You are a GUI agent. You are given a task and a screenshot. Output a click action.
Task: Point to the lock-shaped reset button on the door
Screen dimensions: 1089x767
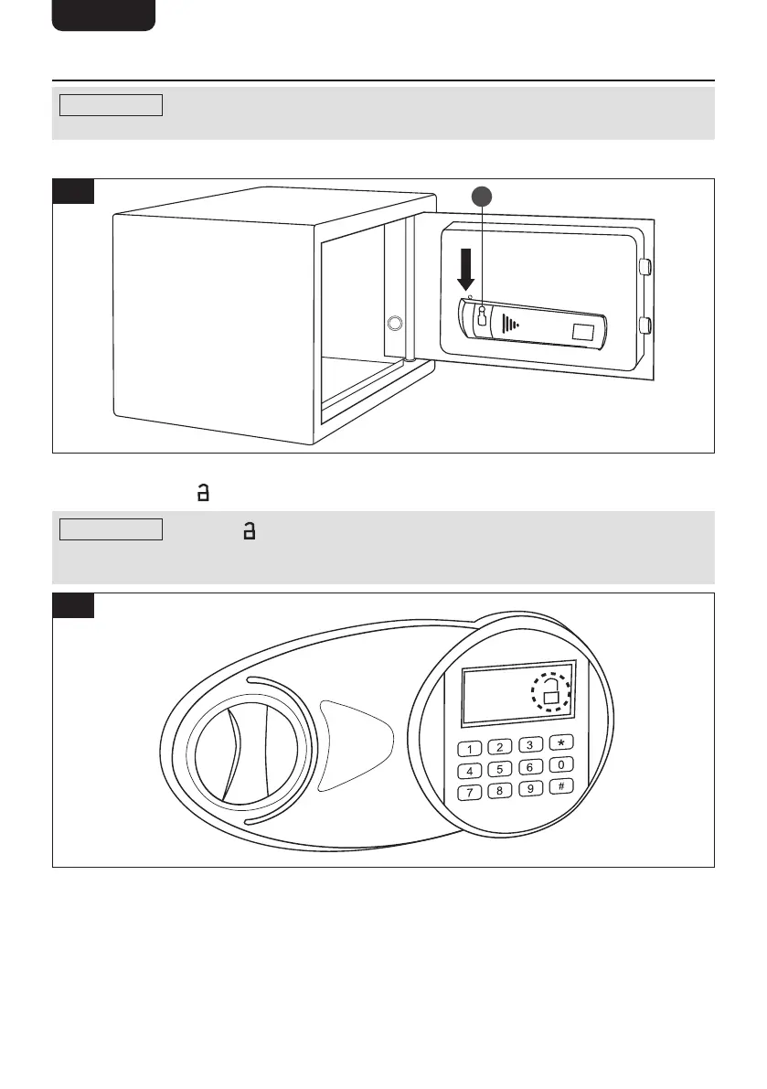[x=482, y=316]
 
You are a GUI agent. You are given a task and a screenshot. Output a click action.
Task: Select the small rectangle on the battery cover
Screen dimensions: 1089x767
[x=582, y=334]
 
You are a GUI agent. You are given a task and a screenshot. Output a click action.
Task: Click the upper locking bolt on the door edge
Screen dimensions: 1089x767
[x=644, y=267]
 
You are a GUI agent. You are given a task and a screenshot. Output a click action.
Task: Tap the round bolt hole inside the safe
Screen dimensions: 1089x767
[x=395, y=323]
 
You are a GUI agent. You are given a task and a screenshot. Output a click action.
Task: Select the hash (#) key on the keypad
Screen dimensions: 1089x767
[x=561, y=785]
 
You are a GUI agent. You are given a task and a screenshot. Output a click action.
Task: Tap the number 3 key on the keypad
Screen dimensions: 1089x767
[x=530, y=745]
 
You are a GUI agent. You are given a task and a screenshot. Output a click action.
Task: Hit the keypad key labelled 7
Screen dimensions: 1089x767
[x=469, y=792]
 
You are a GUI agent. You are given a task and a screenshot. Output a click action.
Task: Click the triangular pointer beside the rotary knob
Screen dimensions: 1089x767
[x=352, y=743]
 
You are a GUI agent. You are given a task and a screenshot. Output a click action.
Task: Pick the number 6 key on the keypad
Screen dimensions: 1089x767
[x=530, y=766]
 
